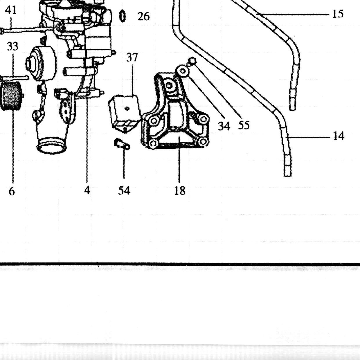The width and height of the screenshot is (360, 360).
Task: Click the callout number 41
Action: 11,10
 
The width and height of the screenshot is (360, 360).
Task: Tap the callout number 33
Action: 12,46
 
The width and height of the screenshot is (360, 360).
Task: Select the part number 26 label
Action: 143,17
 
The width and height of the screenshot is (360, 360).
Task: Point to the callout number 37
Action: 132,57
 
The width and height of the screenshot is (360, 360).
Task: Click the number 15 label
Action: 338,14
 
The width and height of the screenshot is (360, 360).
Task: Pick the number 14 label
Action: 339,136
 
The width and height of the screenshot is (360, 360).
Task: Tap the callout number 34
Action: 224,126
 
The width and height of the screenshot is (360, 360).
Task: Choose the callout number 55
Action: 244,125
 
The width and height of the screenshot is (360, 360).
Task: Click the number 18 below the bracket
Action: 180,191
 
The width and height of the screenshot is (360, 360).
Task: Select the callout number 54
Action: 124,191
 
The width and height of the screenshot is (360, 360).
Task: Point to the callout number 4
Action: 87,190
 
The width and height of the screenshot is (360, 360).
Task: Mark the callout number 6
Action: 12,191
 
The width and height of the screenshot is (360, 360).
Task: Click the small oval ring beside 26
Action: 122,16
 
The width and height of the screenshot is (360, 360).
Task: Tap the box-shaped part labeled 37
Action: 125,114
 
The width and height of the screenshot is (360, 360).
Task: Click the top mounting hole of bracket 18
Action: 169,86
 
